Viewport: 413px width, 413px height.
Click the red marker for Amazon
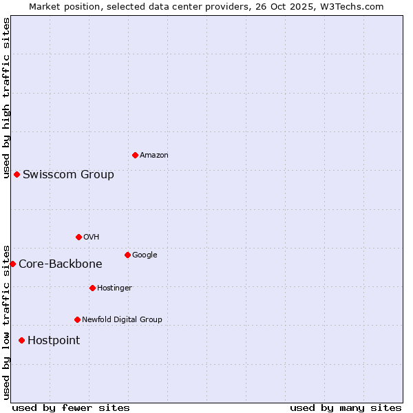(x=135, y=155)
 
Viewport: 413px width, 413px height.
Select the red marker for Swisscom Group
(x=17, y=174)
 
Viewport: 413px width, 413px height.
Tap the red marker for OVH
(x=78, y=237)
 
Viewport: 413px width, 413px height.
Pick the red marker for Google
(x=127, y=255)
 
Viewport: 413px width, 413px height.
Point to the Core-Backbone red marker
(x=12, y=264)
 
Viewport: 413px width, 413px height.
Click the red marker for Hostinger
(x=92, y=288)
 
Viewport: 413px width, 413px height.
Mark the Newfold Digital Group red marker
(x=77, y=319)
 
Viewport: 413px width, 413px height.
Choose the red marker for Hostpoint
(x=21, y=340)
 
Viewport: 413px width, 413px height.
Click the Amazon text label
(x=154, y=156)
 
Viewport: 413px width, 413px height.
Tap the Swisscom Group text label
(x=68, y=175)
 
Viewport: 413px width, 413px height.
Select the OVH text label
(x=92, y=237)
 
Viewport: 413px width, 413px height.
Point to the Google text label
(x=145, y=255)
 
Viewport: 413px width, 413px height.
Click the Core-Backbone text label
(x=60, y=264)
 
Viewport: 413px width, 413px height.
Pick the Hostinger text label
(x=114, y=288)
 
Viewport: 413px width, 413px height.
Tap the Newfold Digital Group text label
(x=122, y=320)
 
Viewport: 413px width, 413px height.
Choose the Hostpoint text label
(x=54, y=341)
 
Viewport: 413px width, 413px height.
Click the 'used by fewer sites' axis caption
(x=71, y=407)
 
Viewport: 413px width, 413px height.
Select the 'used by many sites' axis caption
(x=346, y=407)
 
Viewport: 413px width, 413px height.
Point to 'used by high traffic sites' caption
(x=6, y=98)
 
